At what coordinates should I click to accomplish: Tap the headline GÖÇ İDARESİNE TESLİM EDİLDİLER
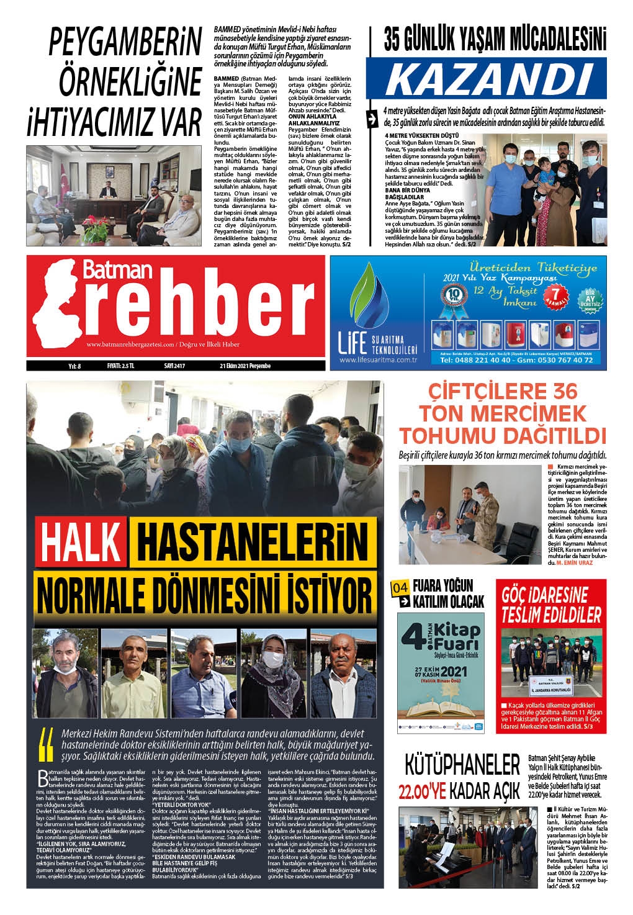(x=552, y=606)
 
